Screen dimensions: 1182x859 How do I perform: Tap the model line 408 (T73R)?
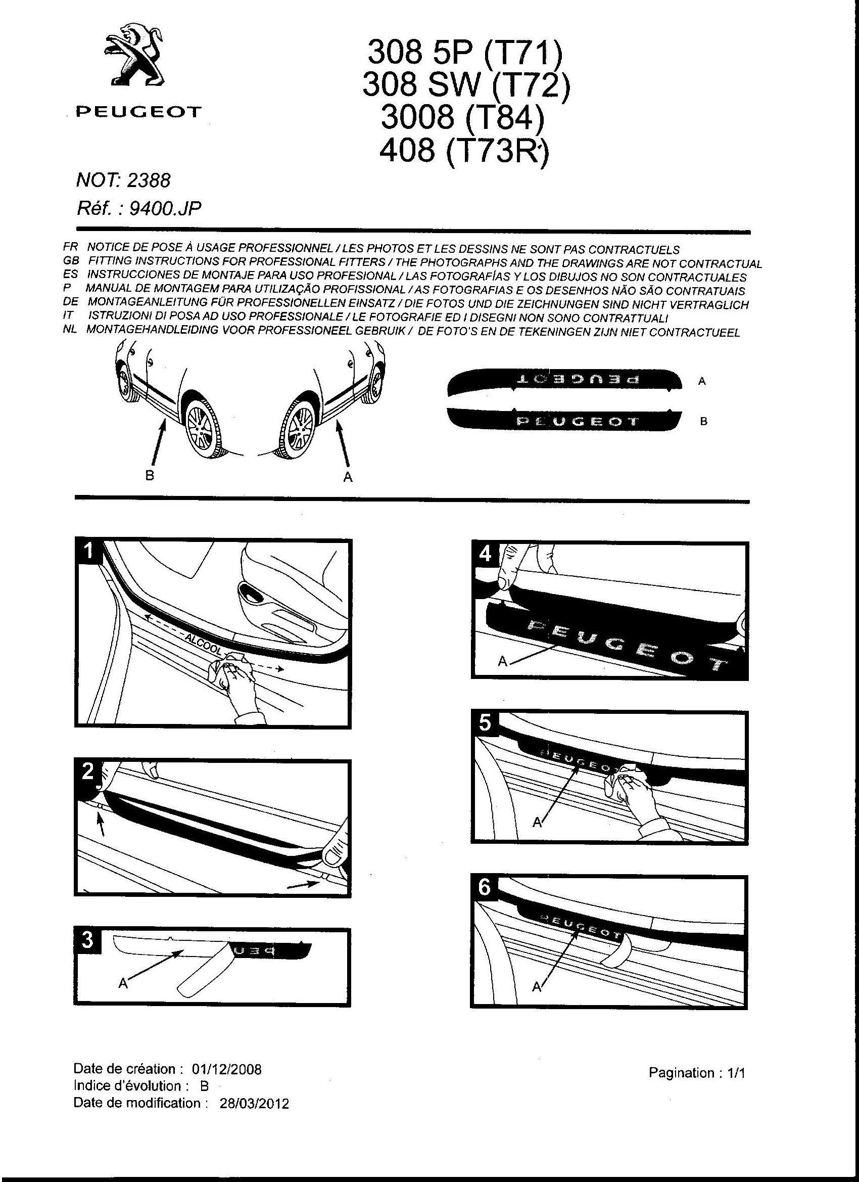pos(464,151)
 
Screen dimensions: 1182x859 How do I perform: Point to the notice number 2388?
pos(149,180)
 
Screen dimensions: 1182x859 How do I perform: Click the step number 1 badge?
pos(89,551)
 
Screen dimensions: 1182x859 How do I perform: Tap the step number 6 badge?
pos(485,887)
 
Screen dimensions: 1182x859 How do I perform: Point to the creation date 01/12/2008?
pos(226,1069)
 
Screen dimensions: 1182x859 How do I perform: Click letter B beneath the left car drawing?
pos(150,475)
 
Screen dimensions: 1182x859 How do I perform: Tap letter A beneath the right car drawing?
pos(348,476)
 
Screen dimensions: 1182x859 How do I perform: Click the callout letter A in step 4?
pos(502,661)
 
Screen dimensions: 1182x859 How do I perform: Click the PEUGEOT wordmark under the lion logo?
pos(138,112)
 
